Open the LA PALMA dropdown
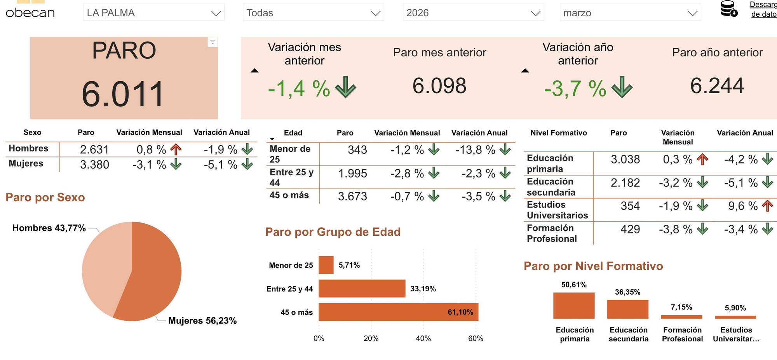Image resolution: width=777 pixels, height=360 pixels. [x=153, y=13]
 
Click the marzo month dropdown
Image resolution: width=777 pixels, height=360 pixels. [x=630, y=13]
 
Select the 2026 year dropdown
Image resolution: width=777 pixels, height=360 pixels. [x=473, y=13]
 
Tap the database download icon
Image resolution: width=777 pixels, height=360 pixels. [x=728, y=9]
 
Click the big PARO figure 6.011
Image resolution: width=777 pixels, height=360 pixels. [x=123, y=94]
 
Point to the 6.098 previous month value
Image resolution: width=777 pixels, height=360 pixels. [x=439, y=86]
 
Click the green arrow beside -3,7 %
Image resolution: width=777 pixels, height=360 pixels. [x=622, y=87]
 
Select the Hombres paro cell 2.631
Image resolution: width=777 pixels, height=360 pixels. [x=94, y=150]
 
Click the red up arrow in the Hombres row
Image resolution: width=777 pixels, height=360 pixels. [x=176, y=149]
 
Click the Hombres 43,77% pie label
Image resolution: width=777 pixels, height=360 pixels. [x=49, y=228]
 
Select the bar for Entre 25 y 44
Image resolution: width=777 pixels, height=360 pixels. [x=362, y=289]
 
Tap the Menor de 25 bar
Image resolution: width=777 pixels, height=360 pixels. [x=326, y=265]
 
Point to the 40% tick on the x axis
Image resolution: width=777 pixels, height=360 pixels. [x=423, y=338]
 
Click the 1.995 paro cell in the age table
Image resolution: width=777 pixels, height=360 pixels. [x=352, y=174]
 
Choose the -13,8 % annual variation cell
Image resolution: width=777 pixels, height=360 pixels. [x=475, y=150]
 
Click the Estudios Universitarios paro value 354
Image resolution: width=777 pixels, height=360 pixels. [x=630, y=206]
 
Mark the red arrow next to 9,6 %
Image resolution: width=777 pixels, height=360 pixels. [x=767, y=206]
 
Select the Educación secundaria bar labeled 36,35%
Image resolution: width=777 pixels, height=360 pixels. [x=627, y=309]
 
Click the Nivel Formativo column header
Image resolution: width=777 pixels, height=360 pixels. [x=559, y=133]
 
